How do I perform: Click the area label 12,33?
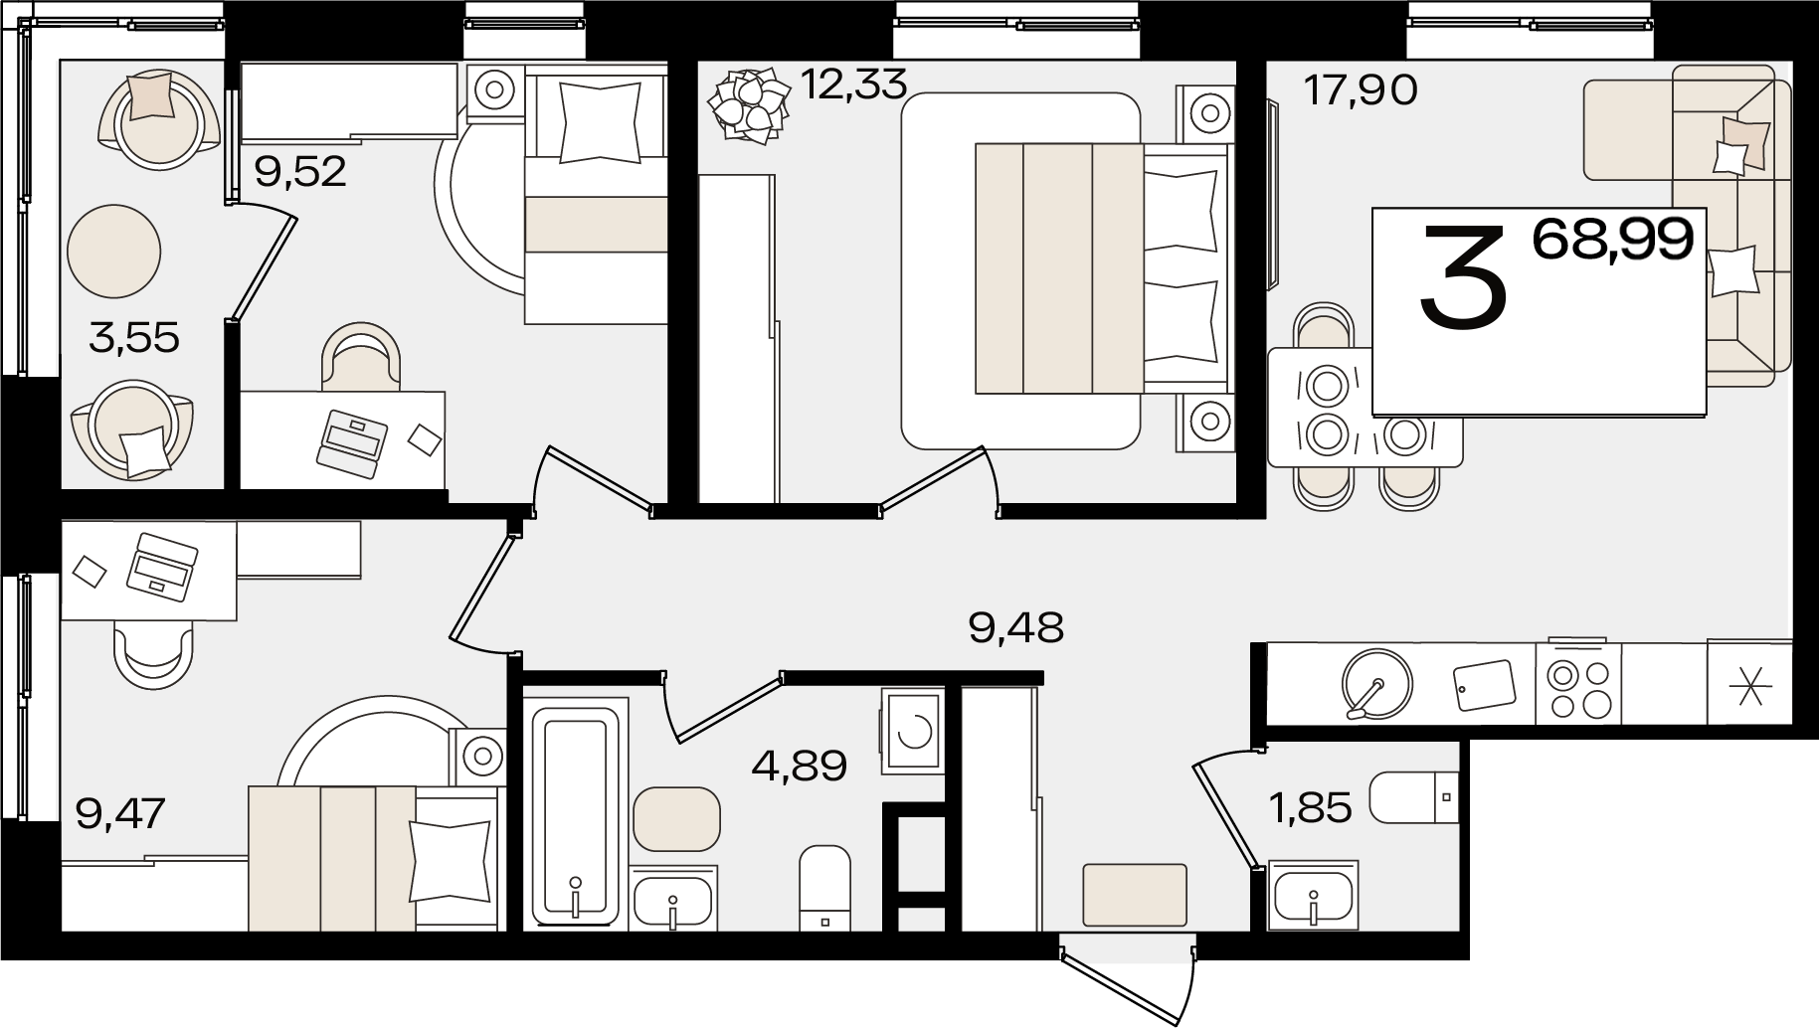point(853,86)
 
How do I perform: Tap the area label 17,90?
point(1361,91)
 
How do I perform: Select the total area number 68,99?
point(1612,240)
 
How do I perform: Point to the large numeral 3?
point(1463,275)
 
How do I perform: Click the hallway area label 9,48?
point(1015,627)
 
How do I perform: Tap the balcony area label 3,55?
point(134,339)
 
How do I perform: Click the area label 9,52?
point(300,172)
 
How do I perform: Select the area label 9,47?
point(120,812)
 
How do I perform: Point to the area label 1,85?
point(1311,808)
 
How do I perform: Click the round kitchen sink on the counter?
point(1376,683)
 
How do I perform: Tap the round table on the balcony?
point(114,251)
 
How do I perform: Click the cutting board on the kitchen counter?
point(1484,685)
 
